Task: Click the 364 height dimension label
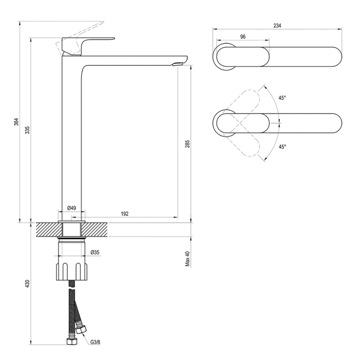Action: coord(16,122)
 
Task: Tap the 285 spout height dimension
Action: coord(187,143)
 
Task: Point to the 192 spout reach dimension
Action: coord(124,214)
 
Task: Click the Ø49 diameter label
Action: coord(71,208)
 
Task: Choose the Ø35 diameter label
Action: coord(95,253)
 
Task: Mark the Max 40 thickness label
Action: coord(188,259)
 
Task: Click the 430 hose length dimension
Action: coord(27,284)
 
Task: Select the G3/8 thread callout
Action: coord(95,342)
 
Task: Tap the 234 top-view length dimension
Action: coord(277,26)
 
